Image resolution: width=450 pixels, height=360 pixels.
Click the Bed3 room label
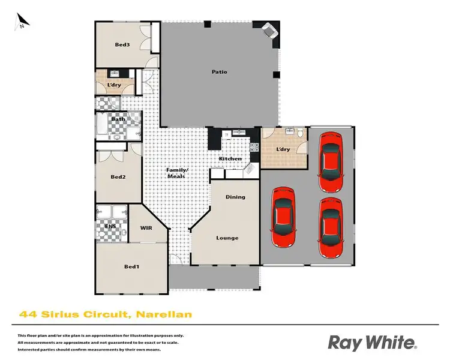tap(122, 44)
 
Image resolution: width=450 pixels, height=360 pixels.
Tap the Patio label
tap(219, 72)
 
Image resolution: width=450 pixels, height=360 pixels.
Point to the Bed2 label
tap(118, 177)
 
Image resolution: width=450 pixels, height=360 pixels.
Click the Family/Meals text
tap(177, 173)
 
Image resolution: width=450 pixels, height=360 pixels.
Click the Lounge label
tap(227, 238)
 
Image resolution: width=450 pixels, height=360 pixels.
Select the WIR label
tap(146, 229)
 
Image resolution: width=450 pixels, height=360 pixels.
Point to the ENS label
tap(110, 227)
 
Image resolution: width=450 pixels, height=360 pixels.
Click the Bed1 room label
tap(131, 266)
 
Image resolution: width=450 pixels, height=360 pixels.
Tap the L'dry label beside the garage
tap(283, 149)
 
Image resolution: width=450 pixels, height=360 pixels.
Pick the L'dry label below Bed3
tap(115, 85)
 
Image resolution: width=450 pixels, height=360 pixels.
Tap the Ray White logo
tap(371, 343)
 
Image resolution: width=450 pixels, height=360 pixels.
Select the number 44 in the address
tap(26, 314)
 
